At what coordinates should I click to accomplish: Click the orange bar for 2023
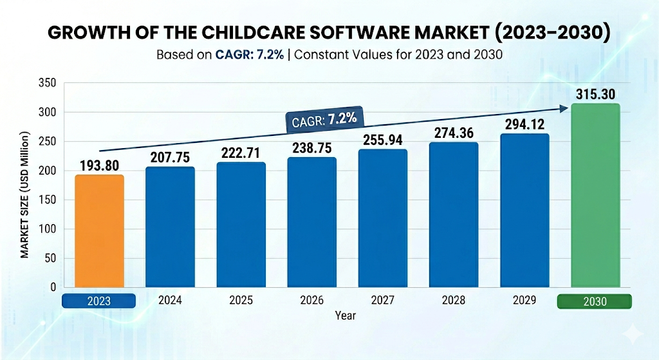coord(99,231)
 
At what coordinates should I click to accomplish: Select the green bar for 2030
coord(596,195)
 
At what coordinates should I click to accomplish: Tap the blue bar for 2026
coord(312,222)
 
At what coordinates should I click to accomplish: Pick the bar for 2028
coord(454,215)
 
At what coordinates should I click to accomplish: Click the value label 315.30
coord(595,93)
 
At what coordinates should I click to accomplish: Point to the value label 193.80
coord(99,166)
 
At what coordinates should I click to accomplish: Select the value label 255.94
coord(383,140)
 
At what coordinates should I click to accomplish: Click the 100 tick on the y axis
coord(50,229)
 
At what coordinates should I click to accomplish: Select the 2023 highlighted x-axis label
coord(98,301)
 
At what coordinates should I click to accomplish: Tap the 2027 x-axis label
coord(383,301)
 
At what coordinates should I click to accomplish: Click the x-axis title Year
coord(345,316)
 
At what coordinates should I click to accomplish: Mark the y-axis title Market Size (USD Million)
coord(25,194)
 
